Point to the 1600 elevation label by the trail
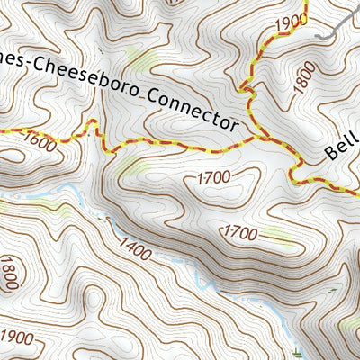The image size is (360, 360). click(x=40, y=140)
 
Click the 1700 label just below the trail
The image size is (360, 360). click(x=213, y=177)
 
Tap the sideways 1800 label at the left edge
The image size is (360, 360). click(x=10, y=273)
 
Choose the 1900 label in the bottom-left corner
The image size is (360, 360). click(x=18, y=337)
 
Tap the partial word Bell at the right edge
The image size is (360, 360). click(x=343, y=143)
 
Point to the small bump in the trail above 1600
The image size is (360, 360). click(x=90, y=127)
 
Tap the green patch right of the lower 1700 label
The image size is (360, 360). click(x=279, y=238)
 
